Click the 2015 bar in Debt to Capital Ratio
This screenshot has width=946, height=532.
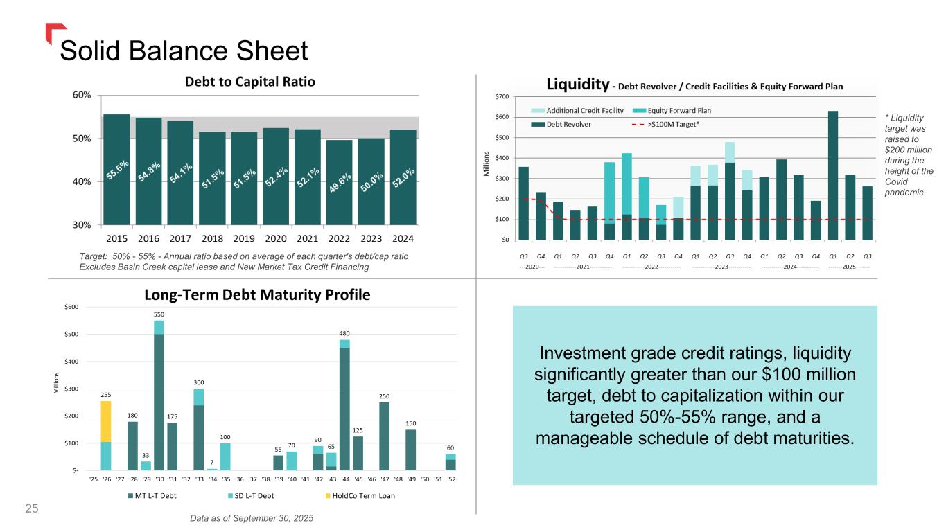(116, 170)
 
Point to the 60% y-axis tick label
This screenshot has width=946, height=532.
(82, 95)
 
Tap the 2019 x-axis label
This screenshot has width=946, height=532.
(244, 239)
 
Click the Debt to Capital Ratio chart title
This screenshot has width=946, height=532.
(249, 82)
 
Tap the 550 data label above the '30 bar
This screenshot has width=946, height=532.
(159, 314)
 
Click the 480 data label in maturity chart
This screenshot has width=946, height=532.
(344, 332)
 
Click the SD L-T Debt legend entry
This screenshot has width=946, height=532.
(250, 495)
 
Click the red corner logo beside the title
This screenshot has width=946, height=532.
(55, 33)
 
